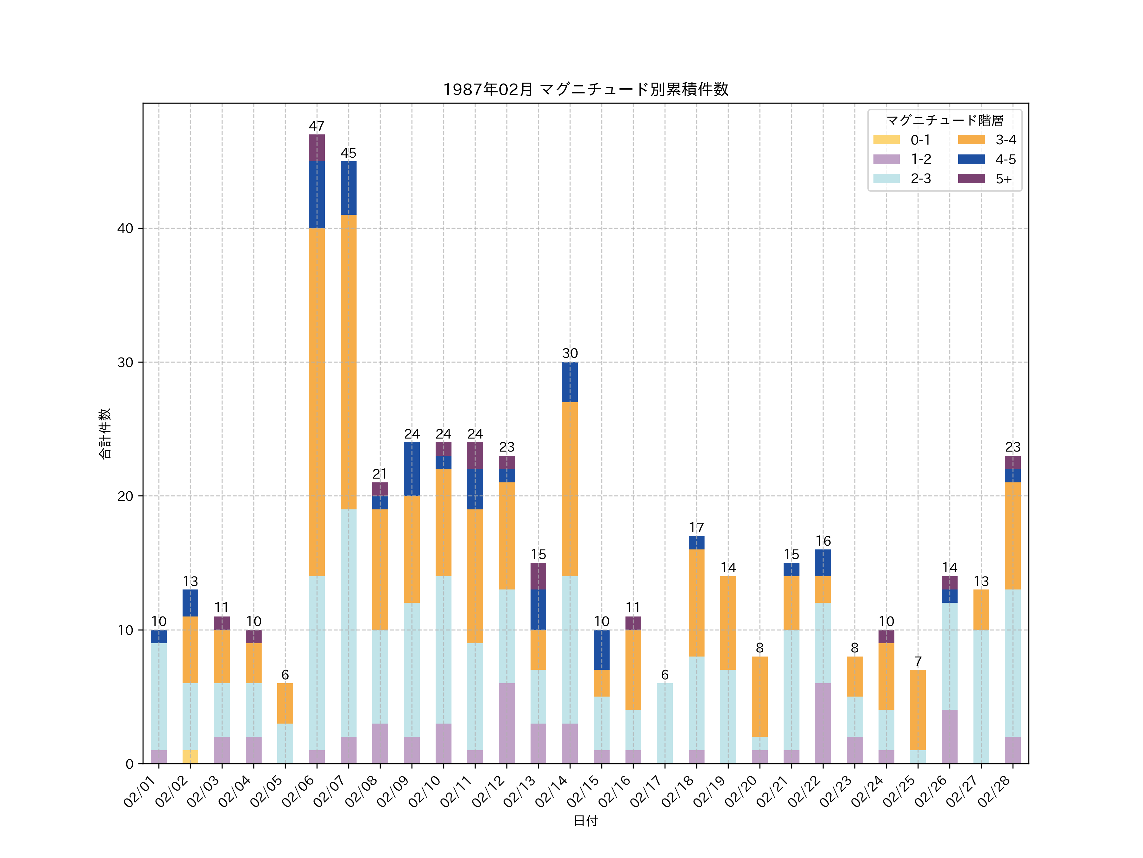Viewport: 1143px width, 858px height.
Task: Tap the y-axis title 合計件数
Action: tap(105, 433)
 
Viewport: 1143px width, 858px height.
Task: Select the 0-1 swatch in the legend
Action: tap(886, 140)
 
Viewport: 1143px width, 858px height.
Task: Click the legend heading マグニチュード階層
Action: tap(945, 120)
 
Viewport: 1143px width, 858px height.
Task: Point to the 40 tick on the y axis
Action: tap(125, 228)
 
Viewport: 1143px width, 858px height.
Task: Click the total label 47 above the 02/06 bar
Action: tap(317, 126)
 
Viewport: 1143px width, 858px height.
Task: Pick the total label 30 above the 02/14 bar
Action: tap(570, 353)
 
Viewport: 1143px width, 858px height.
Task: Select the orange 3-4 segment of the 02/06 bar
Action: tap(317, 402)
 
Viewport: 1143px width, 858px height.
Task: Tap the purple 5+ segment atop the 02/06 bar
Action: tap(317, 148)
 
